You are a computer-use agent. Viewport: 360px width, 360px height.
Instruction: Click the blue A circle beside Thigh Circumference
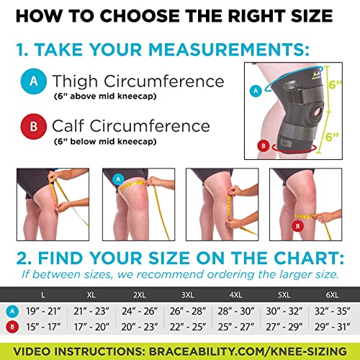point(34,81)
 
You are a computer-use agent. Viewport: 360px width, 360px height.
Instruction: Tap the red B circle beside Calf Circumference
point(34,126)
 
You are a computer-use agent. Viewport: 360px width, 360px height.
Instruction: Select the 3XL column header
point(188,294)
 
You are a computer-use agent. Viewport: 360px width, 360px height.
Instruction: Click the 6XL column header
point(332,294)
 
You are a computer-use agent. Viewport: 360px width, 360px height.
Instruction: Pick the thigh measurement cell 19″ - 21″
point(43,311)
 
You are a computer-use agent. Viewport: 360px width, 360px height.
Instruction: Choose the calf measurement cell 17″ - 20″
point(91,327)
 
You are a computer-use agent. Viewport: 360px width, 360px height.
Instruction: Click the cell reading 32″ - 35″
point(333,311)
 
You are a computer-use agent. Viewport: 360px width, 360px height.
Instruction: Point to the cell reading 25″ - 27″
point(236,327)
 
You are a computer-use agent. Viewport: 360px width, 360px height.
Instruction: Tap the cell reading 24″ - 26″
point(140,311)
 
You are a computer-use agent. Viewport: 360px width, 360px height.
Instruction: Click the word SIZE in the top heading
point(312,16)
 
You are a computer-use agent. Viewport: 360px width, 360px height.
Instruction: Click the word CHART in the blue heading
point(309,258)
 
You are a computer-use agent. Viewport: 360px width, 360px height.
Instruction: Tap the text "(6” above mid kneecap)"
point(105,96)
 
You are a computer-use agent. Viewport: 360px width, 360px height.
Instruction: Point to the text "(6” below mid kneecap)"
point(105,141)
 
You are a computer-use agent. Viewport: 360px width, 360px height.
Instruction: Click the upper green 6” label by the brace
point(335,84)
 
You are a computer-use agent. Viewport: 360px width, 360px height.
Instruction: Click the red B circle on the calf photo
point(298,226)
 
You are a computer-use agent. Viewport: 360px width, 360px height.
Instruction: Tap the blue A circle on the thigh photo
point(118,179)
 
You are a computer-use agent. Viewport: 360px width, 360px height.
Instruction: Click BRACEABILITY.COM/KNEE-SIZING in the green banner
point(248,351)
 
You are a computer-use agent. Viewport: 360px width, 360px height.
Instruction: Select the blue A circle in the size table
point(12,311)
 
